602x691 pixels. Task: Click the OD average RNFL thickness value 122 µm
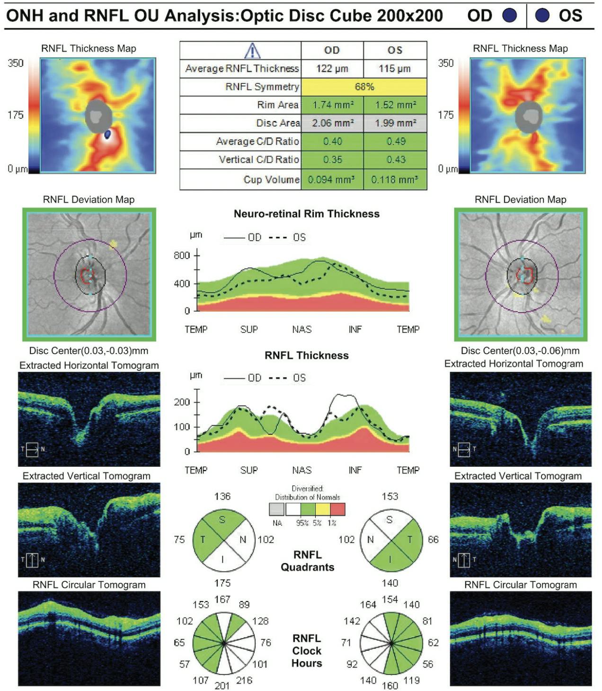[332, 69]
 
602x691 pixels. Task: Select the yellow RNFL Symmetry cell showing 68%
[364, 87]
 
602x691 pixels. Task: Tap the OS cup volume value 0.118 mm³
[394, 180]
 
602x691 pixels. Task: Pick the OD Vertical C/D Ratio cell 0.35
[332, 159]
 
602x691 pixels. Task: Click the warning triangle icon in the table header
[252, 51]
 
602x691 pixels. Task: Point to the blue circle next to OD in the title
[509, 16]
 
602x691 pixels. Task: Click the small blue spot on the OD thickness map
[107, 135]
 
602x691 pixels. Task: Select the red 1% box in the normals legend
[337, 509]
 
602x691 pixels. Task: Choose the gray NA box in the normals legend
[277, 509]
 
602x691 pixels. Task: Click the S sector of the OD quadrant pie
[222, 520]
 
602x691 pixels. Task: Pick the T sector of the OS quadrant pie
[410, 540]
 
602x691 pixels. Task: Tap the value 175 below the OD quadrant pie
[222, 583]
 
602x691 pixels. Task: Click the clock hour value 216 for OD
[244, 680]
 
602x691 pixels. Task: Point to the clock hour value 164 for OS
[368, 604]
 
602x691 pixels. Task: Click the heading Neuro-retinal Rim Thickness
[306, 214]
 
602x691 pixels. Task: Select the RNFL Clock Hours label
[307, 651]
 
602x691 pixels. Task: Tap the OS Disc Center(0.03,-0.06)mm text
[520, 351]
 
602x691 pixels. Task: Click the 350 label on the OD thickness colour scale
[16, 63]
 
